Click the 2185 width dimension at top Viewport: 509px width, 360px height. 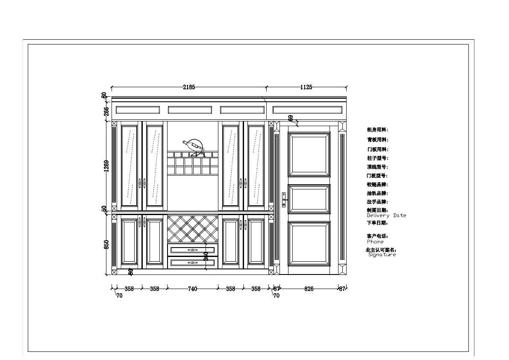point(189,87)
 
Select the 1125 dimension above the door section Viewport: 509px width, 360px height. point(306,87)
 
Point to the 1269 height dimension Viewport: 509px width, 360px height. point(106,166)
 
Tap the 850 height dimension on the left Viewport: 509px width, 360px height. point(106,244)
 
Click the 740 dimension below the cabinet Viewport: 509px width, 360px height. point(192,289)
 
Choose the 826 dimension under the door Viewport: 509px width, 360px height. point(309,289)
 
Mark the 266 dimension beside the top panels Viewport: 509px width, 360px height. point(106,111)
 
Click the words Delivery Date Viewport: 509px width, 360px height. point(386,215)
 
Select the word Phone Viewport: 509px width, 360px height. point(375,242)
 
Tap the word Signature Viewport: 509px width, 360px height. point(382,254)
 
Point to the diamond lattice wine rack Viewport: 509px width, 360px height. point(193,229)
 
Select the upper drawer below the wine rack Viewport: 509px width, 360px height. point(193,250)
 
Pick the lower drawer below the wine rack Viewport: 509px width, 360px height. point(193,262)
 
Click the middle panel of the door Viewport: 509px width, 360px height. point(309,199)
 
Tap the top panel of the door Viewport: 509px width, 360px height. point(309,154)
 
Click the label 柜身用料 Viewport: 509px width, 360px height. point(377,130)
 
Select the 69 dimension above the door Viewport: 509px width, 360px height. point(291,118)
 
